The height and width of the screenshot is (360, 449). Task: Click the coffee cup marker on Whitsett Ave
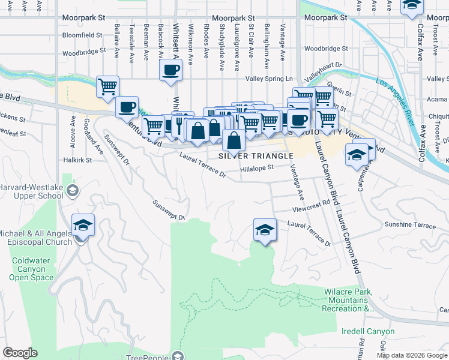pyautogui.click(x=170, y=70)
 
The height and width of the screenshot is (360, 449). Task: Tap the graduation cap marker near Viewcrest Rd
pyautogui.click(x=264, y=230)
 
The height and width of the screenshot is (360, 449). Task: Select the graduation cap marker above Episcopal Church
pyautogui.click(x=82, y=225)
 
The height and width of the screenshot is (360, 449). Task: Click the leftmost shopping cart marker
pyautogui.click(x=107, y=87)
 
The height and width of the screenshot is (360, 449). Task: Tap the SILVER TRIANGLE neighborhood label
pyautogui.click(x=256, y=155)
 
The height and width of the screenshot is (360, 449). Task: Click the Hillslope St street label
pyautogui.click(x=256, y=169)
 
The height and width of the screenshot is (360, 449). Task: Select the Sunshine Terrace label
pyautogui.click(x=410, y=225)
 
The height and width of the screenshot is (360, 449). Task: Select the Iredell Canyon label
pyautogui.click(x=368, y=331)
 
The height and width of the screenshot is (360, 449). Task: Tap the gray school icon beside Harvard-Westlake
pyautogui.click(x=73, y=191)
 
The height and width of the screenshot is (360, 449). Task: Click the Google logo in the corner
pyautogui.click(x=20, y=353)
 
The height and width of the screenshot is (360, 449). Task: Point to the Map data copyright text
pyautogui.click(x=412, y=355)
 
